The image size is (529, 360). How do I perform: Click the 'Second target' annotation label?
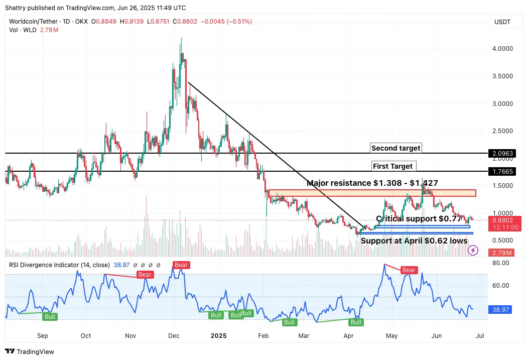[396, 148]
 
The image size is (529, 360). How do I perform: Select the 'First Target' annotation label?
[394, 166]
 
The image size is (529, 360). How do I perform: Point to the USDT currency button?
[502, 22]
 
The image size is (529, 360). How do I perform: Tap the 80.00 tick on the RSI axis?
[501, 263]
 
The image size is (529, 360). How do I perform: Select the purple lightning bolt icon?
[473, 250]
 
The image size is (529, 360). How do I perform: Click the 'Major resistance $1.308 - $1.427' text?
[372, 183]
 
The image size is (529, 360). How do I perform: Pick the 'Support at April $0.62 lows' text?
[414, 241]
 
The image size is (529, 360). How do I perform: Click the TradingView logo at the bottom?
[30, 351]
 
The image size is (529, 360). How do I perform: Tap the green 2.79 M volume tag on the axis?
[502, 253]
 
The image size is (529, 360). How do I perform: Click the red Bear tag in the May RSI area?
[409, 270]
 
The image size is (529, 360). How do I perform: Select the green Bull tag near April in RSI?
[356, 322]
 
